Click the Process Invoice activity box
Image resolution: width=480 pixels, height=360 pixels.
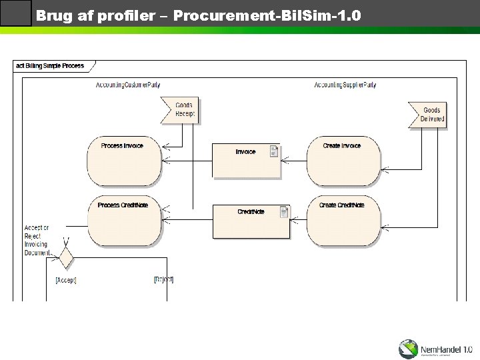(x=124, y=161)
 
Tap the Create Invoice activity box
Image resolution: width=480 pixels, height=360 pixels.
(x=343, y=161)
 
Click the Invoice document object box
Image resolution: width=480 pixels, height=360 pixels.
(x=246, y=161)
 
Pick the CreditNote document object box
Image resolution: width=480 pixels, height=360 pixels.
(x=251, y=221)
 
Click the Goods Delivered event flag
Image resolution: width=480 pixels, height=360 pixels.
(x=429, y=115)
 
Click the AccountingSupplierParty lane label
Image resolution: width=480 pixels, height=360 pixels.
(x=345, y=85)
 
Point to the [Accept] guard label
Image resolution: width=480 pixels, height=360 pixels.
(x=65, y=281)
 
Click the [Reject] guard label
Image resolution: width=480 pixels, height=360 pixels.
(x=163, y=279)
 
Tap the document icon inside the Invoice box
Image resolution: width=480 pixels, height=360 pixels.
(x=274, y=151)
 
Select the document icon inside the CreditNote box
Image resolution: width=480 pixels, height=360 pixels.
(x=284, y=212)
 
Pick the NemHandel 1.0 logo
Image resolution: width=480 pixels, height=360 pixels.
(x=435, y=348)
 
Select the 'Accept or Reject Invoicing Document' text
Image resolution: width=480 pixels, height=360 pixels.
(x=37, y=240)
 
